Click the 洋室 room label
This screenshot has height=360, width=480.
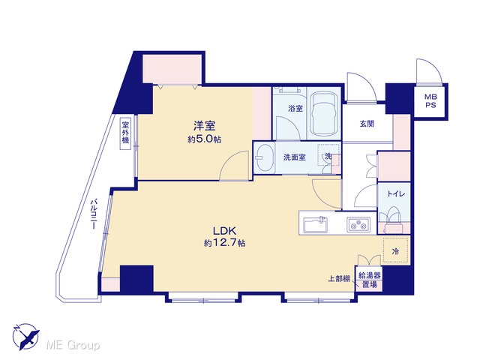tap(204, 126)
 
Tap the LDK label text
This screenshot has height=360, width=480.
tap(224, 230)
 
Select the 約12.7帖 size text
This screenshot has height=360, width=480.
tap(224, 243)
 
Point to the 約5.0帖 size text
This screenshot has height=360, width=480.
tap(204, 139)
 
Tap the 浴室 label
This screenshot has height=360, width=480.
tap(295, 108)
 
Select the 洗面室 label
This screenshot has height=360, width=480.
tap(294, 157)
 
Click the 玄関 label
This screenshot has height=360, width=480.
tap(367, 124)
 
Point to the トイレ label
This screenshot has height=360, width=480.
tap(396, 193)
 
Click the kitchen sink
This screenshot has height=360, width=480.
tap(315, 224)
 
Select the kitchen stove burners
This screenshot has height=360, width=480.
tap(358, 224)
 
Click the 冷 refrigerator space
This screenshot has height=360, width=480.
tap(395, 250)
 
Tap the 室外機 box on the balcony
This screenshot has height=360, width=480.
tap(125, 133)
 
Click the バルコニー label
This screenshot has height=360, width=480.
tap(94, 214)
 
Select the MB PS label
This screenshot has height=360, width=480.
tap(430, 100)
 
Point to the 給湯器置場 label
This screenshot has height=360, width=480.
tap(370, 280)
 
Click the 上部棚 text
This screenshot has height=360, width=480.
tap(339, 279)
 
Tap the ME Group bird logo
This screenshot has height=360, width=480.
tap(25, 337)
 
